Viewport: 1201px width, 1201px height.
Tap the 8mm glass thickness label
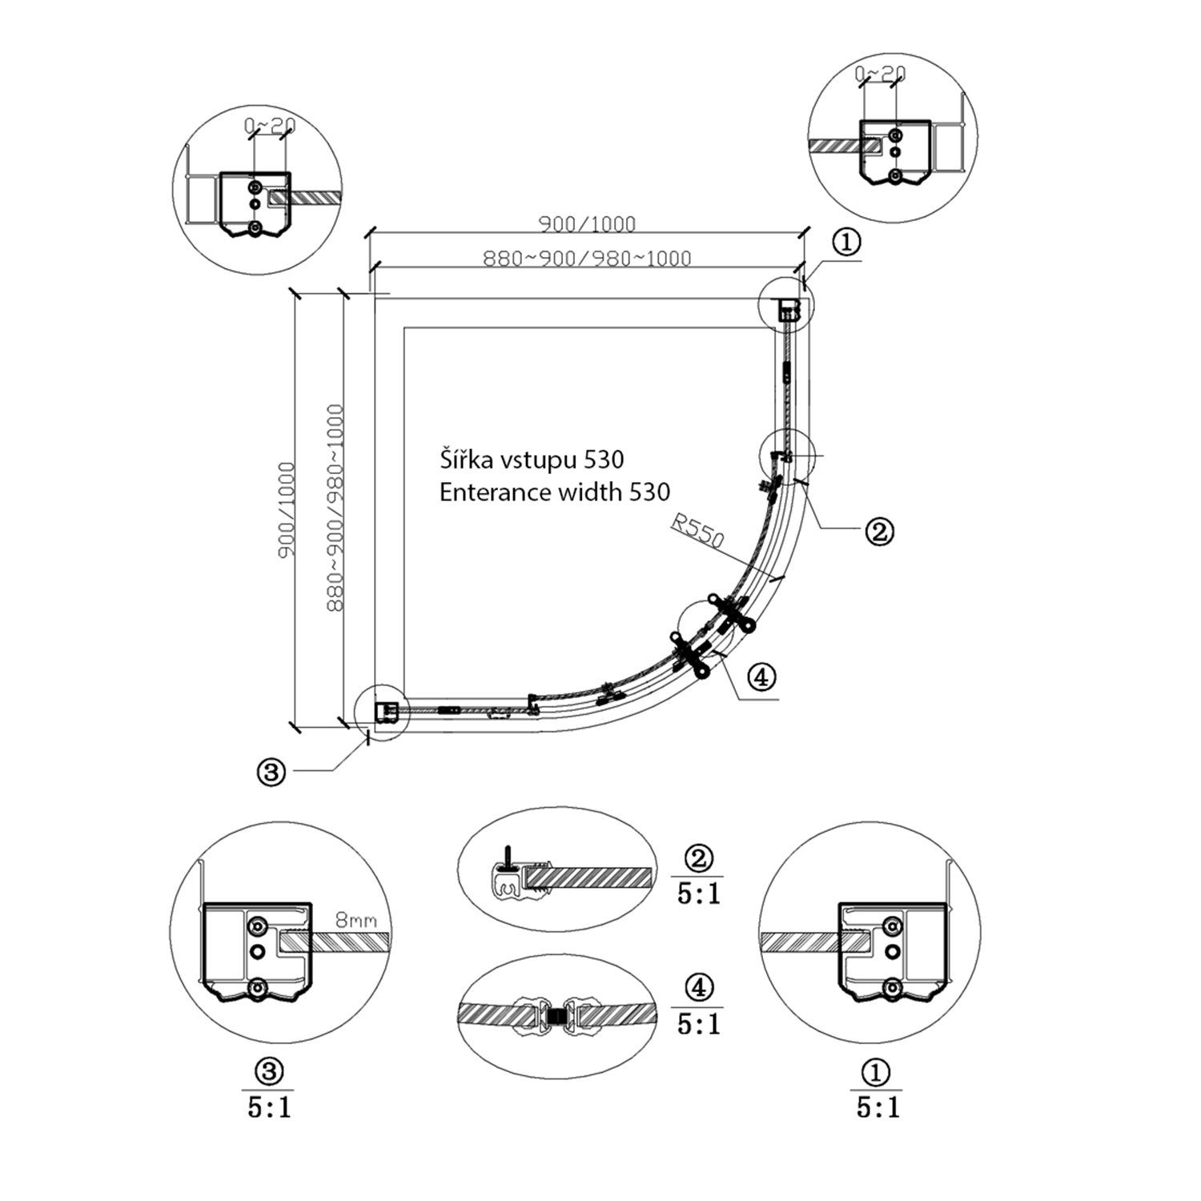pos(355,921)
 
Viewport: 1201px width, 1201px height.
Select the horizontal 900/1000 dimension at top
pos(587,223)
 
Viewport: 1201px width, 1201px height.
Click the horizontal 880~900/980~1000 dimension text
pos(587,258)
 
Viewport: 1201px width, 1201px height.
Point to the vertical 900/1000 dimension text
pos(287,510)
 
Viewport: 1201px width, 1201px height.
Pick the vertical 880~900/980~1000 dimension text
pos(335,508)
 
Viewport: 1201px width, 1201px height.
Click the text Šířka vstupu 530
pos(532,460)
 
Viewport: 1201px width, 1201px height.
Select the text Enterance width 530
pos(554,492)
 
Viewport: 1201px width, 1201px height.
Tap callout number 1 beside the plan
pos(846,242)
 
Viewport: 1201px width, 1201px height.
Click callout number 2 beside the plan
pos(879,531)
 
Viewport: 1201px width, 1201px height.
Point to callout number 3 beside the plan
pos(271,772)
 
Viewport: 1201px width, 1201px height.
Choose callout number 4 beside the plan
pos(761,677)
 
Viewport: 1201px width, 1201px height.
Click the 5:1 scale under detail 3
pos(269,1107)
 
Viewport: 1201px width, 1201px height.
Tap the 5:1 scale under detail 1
pos(878,1107)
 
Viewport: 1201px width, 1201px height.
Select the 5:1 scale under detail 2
pos(698,894)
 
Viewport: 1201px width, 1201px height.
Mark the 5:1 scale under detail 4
pos(698,1024)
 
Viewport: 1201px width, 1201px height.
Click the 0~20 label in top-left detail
pos(270,126)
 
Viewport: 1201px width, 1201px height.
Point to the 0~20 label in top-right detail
pos(880,74)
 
